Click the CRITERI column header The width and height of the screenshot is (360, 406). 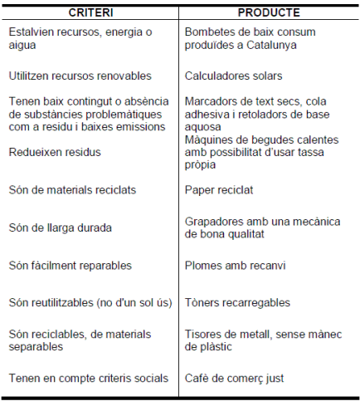(90, 13)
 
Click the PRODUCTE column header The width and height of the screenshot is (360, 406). (269, 13)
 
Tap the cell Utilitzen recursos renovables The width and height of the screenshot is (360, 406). (80, 76)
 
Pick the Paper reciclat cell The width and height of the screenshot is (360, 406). (219, 189)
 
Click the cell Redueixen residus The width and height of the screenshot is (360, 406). (55, 152)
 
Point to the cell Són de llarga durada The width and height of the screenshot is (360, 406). (60, 227)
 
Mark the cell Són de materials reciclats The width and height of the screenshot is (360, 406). (72, 189)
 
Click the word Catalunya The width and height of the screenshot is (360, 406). (268, 45)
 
